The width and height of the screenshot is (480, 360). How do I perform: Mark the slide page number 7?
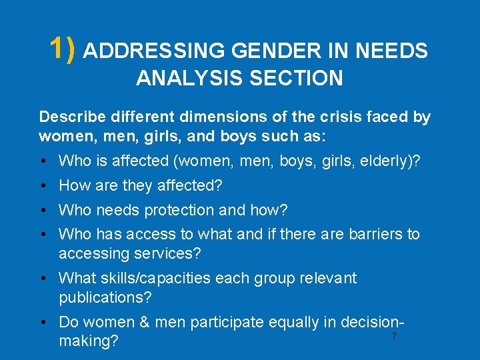coord(394,337)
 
